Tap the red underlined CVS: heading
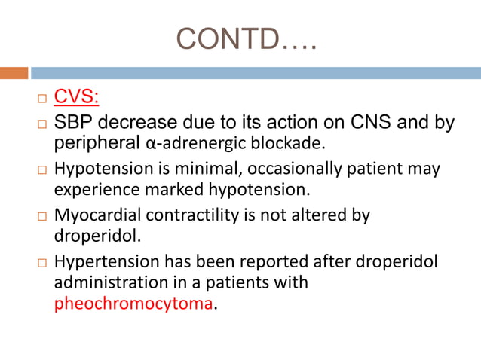pos(77,99)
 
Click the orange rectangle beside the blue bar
pos(14,73)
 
